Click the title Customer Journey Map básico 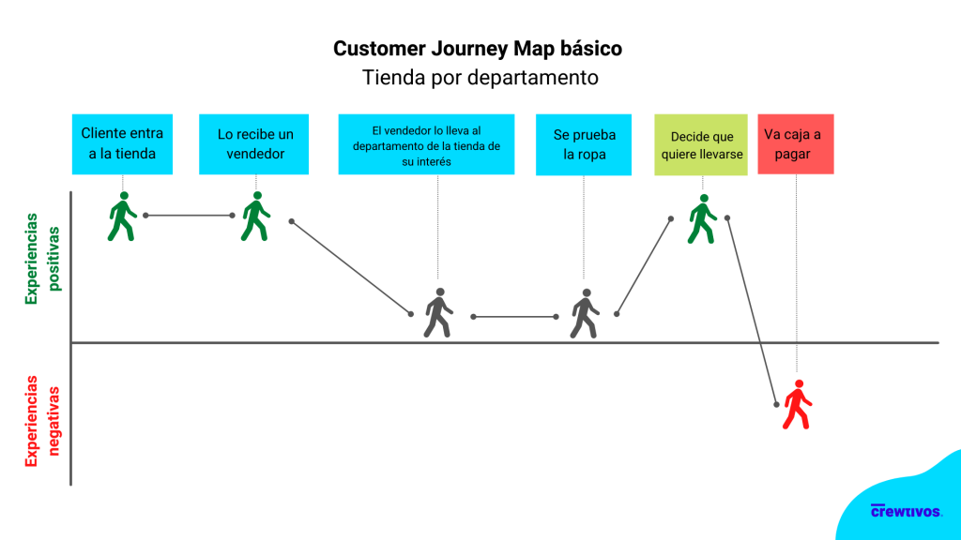click(x=478, y=48)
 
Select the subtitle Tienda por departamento click(x=480, y=77)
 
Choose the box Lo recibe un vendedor click(x=253, y=143)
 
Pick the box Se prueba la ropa click(x=584, y=144)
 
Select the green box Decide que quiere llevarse click(x=701, y=144)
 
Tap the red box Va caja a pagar click(x=796, y=143)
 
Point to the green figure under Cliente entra click(x=122, y=217)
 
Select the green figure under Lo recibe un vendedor click(x=256, y=217)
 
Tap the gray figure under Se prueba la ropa click(x=585, y=313)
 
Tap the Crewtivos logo click(x=906, y=511)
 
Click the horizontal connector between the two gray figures click(x=515, y=317)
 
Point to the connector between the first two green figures click(x=190, y=216)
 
